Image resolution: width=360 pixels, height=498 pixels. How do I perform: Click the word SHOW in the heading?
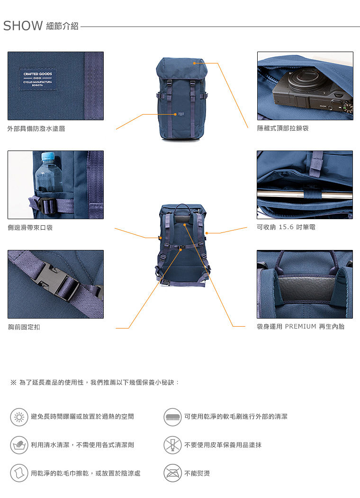[x=23, y=26]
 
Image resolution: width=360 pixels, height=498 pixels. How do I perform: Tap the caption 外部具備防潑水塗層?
[x=36, y=129]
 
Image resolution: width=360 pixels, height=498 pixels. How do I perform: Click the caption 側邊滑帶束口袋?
[x=30, y=227]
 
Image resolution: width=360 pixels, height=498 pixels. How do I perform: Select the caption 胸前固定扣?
[x=24, y=327]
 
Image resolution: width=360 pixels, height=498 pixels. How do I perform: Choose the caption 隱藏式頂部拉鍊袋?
[x=283, y=128]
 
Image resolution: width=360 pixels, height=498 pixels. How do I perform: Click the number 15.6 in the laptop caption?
[x=286, y=227]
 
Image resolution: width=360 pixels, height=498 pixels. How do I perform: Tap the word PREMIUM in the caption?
[x=300, y=326]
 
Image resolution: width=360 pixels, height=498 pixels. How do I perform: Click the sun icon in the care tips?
[x=19, y=417]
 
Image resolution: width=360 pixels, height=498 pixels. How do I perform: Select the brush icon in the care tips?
[x=172, y=417]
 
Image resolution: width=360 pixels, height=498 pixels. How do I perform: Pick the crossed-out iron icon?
[x=172, y=473]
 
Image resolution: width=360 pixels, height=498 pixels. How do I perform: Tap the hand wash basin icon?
[x=19, y=445]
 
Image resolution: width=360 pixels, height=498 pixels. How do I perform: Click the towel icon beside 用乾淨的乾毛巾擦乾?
[x=19, y=473]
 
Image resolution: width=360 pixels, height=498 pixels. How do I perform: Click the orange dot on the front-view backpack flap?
[x=195, y=63]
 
